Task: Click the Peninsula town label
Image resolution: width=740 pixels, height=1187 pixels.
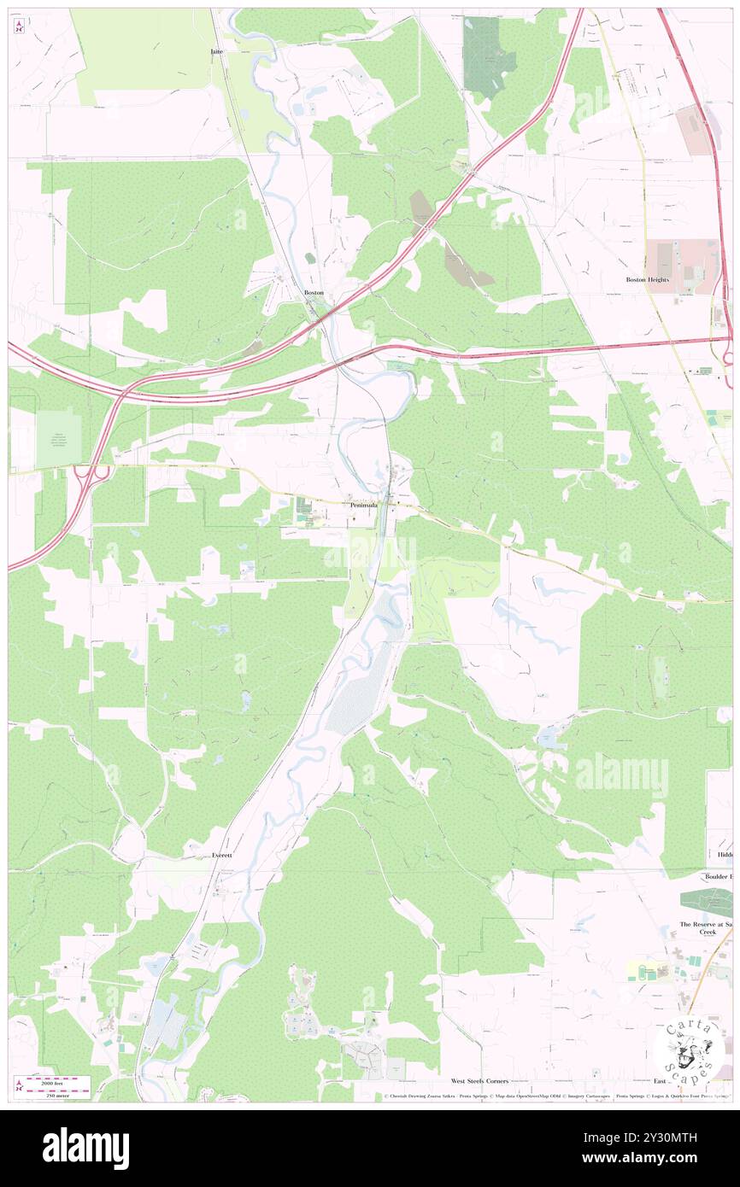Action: click(363, 505)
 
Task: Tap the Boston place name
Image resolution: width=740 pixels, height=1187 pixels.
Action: click(314, 293)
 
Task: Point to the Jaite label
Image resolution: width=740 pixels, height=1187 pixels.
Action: click(217, 52)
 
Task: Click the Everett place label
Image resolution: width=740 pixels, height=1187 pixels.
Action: click(222, 855)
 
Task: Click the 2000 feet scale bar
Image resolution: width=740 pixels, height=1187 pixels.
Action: click(57, 1082)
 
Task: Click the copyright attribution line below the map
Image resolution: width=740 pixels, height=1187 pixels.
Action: click(555, 1096)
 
